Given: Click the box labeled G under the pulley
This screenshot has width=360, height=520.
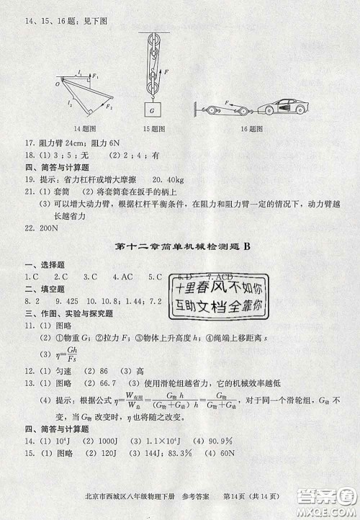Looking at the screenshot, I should tap(151, 111).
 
